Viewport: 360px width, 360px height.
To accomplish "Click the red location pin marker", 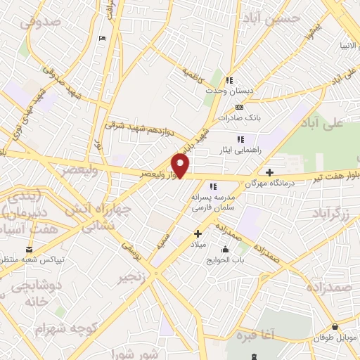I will pyautogui.click(x=181, y=165).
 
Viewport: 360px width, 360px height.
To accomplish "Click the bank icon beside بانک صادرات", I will pyautogui.click(x=240, y=107).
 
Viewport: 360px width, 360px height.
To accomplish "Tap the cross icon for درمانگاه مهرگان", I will pyautogui.click(x=269, y=172).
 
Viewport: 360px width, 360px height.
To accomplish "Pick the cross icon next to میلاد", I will pyautogui.click(x=198, y=233).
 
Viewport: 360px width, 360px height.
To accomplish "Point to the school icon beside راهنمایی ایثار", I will pyautogui.click(x=240, y=139).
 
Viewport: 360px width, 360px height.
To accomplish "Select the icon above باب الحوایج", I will pyautogui.click(x=225, y=249).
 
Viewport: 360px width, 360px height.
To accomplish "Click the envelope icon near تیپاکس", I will pyautogui.click(x=29, y=250).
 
